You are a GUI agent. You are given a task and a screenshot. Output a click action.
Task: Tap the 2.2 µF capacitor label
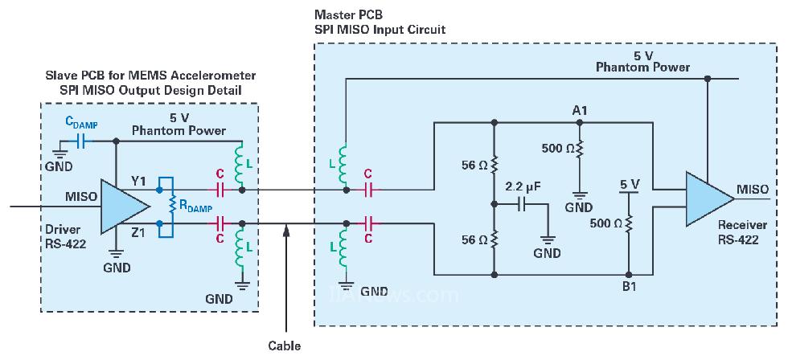[523, 186]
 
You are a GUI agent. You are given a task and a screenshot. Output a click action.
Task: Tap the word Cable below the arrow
[285, 346]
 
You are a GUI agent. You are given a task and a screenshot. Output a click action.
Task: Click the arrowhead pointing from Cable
[285, 231]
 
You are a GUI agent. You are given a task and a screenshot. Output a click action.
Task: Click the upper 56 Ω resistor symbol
[494, 165]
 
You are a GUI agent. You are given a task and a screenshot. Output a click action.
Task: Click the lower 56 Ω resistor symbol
[494, 239]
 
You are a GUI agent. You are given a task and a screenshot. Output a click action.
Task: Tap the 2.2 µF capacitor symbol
[523, 204]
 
